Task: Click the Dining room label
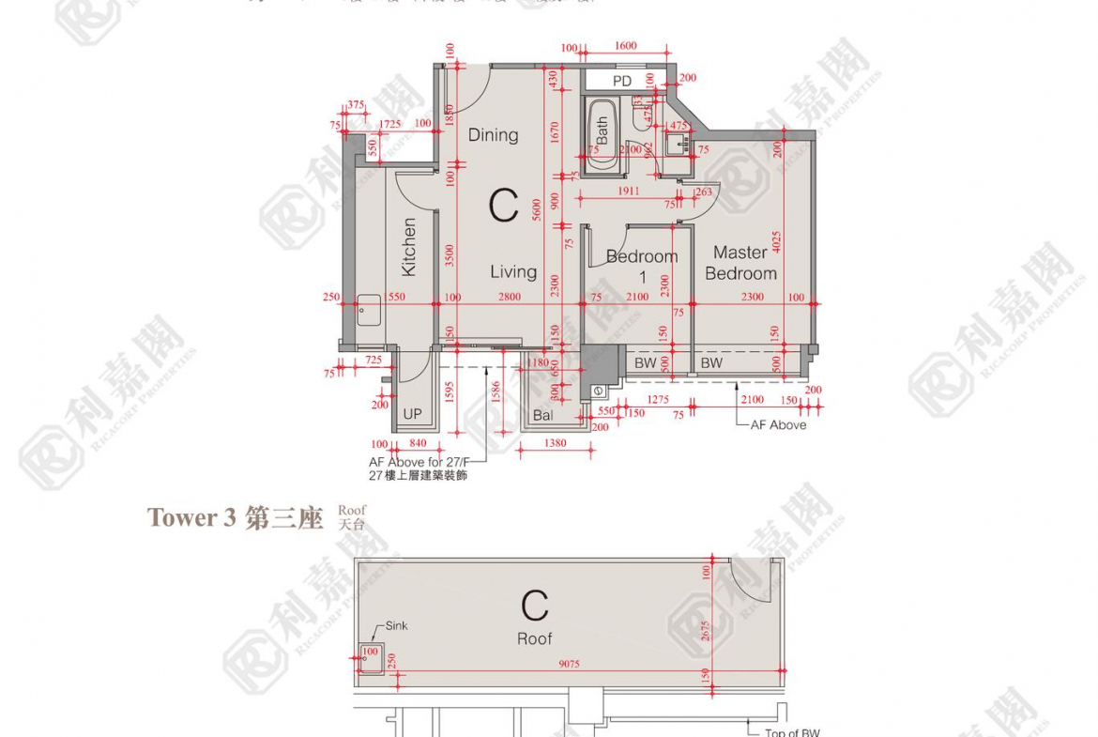coord(493,135)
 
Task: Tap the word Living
coord(513,272)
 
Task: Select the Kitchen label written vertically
coord(409,247)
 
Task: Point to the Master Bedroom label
coord(740,263)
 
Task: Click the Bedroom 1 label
coord(642,266)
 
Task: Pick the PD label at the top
coord(622,82)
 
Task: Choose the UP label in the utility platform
coord(413,414)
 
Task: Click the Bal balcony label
coord(542,415)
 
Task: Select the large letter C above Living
coord(503,206)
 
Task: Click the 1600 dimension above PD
coord(626,46)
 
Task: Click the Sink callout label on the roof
coord(397,625)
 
